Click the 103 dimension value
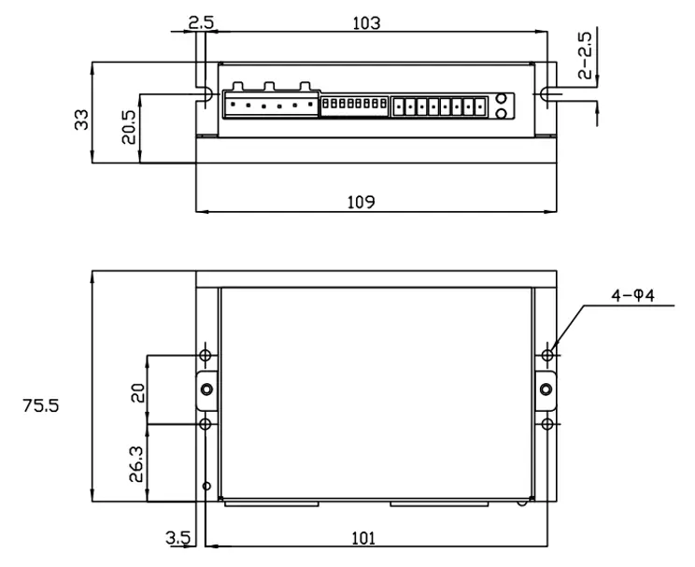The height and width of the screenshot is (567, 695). [x=367, y=23]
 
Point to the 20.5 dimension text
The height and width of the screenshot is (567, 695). [x=129, y=127]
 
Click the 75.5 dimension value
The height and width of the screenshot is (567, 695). [x=41, y=406]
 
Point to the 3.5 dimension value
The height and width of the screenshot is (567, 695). [x=177, y=537]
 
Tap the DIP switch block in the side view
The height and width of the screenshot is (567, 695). [x=354, y=105]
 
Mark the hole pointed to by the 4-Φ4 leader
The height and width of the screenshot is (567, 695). [x=549, y=355]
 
